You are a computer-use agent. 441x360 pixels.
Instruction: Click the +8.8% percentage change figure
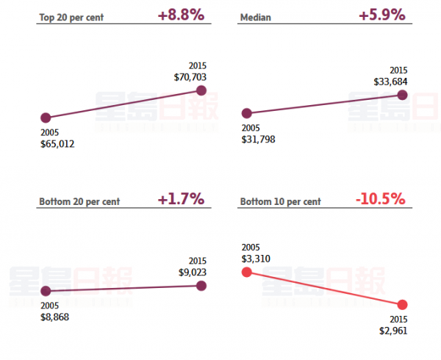pos(180,15)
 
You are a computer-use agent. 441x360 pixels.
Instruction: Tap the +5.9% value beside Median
pos(381,15)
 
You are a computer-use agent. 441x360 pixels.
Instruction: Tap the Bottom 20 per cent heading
pos(79,201)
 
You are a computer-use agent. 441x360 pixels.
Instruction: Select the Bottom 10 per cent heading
pos(281,201)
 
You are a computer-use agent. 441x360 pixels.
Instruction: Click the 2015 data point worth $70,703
pos(202,90)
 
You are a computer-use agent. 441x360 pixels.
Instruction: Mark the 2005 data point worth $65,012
pos(46,118)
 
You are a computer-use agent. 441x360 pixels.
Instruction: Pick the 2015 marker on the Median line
pos(403,95)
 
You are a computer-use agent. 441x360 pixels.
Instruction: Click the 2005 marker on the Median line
pos(247,113)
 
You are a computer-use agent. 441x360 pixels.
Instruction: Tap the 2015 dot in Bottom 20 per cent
pos(202,286)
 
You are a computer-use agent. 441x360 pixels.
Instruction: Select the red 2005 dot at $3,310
pos(247,272)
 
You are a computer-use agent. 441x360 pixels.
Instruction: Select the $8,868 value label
pos(56,317)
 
